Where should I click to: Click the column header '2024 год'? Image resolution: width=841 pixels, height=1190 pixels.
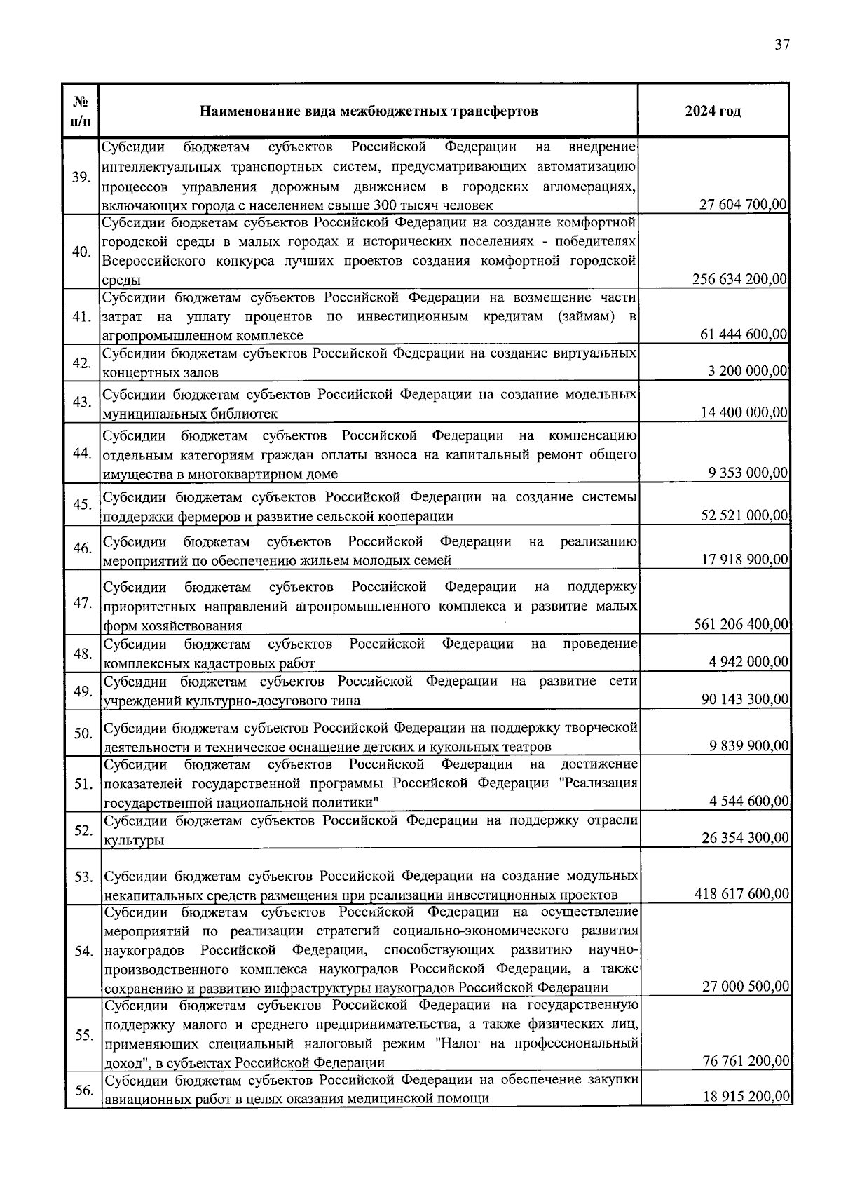click(713, 111)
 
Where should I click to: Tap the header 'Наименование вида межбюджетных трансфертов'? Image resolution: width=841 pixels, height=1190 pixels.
click(369, 111)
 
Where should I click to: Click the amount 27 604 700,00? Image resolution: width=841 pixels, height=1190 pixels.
click(744, 205)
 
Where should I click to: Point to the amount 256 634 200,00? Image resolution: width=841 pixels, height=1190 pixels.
click(740, 279)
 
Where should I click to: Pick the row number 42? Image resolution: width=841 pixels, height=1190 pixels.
click(82, 363)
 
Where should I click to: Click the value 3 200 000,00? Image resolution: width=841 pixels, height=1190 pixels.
click(748, 372)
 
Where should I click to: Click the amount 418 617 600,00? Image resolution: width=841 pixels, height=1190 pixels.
click(741, 894)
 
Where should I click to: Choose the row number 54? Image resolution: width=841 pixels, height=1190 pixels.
click(83, 951)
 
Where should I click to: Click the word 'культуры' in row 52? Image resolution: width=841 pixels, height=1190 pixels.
click(135, 840)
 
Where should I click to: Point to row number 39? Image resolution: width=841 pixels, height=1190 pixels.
click(81, 177)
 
